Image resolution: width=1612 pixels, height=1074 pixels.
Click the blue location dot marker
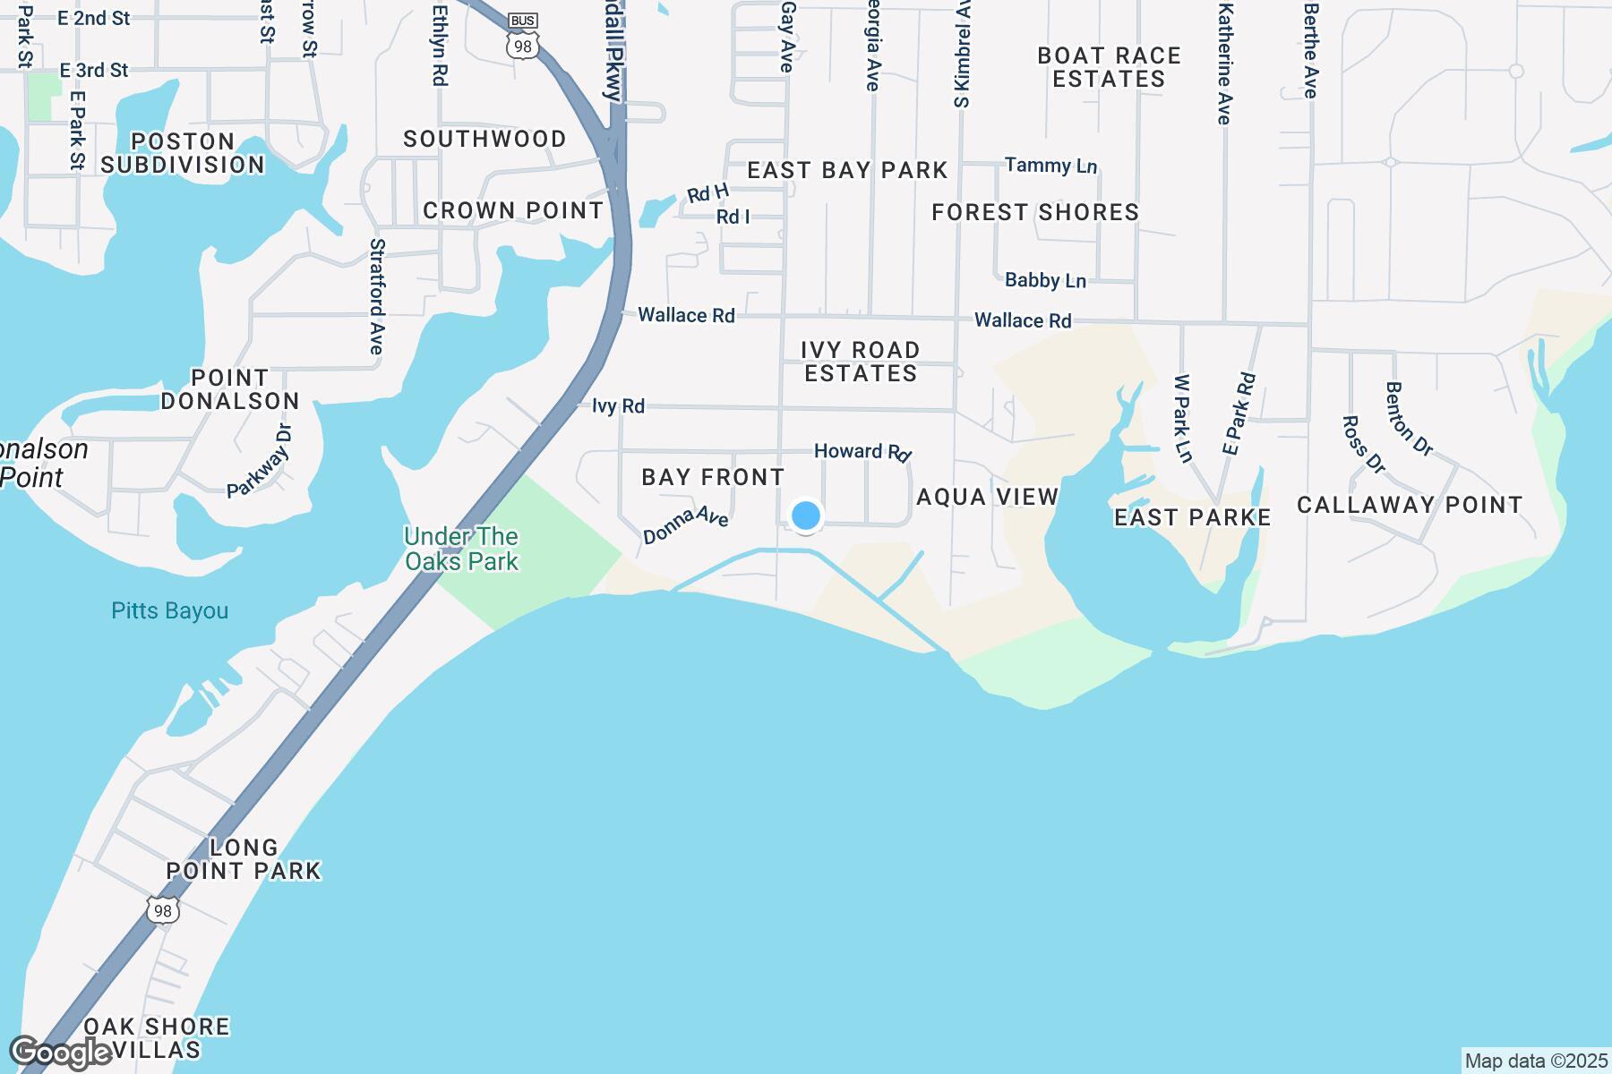click(806, 516)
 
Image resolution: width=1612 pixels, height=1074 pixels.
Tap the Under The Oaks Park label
click(461, 549)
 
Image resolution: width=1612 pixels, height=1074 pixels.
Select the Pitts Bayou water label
click(170, 611)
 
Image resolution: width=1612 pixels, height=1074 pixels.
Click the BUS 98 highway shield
click(522, 38)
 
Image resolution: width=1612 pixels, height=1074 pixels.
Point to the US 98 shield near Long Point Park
click(162, 908)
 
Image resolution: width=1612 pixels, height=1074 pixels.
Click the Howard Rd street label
click(862, 452)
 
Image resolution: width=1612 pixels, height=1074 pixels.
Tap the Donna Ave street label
click(686, 525)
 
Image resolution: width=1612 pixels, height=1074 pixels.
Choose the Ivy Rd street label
click(618, 406)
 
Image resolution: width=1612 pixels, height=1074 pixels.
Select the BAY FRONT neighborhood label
click(713, 477)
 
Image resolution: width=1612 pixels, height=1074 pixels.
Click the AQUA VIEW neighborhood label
click(988, 497)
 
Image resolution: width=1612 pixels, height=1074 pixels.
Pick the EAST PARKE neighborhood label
click(1193, 517)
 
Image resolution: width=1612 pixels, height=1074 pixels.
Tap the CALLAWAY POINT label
click(1410, 505)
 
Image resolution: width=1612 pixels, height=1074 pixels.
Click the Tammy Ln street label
click(1050, 166)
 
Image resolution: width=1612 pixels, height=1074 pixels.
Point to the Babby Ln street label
click(1045, 281)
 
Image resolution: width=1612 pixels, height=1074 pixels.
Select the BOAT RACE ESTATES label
click(1109, 67)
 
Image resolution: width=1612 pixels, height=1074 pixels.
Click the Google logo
click(60, 1053)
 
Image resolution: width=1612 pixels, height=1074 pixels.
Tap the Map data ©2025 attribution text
click(1536, 1061)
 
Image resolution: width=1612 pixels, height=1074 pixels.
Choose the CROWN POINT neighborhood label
click(513, 210)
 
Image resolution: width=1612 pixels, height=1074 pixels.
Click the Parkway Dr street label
click(260, 460)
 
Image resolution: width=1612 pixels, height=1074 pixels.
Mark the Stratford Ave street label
click(377, 295)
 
